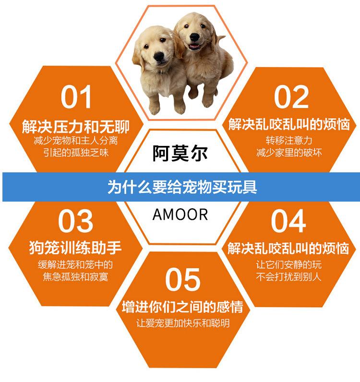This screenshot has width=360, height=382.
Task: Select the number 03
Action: pos(75,221)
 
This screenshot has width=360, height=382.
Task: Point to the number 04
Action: pos(288,221)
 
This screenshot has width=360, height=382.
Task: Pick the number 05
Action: pos(182,279)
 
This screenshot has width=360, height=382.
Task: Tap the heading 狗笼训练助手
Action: pos(75,248)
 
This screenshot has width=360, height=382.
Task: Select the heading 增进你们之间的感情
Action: pos(182,307)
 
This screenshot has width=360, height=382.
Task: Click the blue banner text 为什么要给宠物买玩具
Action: pos(182,187)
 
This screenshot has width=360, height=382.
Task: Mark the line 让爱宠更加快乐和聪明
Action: pos(182,323)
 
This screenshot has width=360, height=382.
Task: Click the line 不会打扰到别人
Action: pos(288,277)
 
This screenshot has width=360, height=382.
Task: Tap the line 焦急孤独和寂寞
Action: pos(75,277)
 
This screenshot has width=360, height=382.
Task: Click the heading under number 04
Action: pos(288,249)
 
